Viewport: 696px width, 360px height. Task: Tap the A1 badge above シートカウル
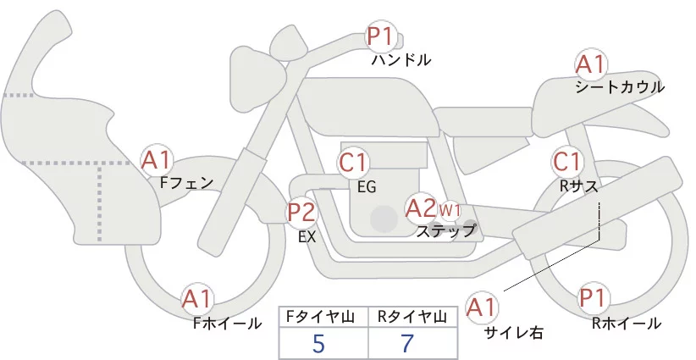(x=591, y=65)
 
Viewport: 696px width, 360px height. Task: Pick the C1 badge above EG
(x=353, y=163)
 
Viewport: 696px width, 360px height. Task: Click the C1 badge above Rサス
(x=566, y=162)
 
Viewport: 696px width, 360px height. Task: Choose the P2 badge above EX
(x=301, y=212)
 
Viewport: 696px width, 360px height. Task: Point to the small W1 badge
(x=450, y=209)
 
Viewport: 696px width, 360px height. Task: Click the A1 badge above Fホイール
(x=198, y=298)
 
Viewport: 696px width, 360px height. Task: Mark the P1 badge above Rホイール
(x=595, y=298)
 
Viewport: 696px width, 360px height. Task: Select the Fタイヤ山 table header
(x=323, y=317)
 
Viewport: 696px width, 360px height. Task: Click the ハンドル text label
(x=402, y=60)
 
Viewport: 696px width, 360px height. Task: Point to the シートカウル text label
(x=620, y=87)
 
